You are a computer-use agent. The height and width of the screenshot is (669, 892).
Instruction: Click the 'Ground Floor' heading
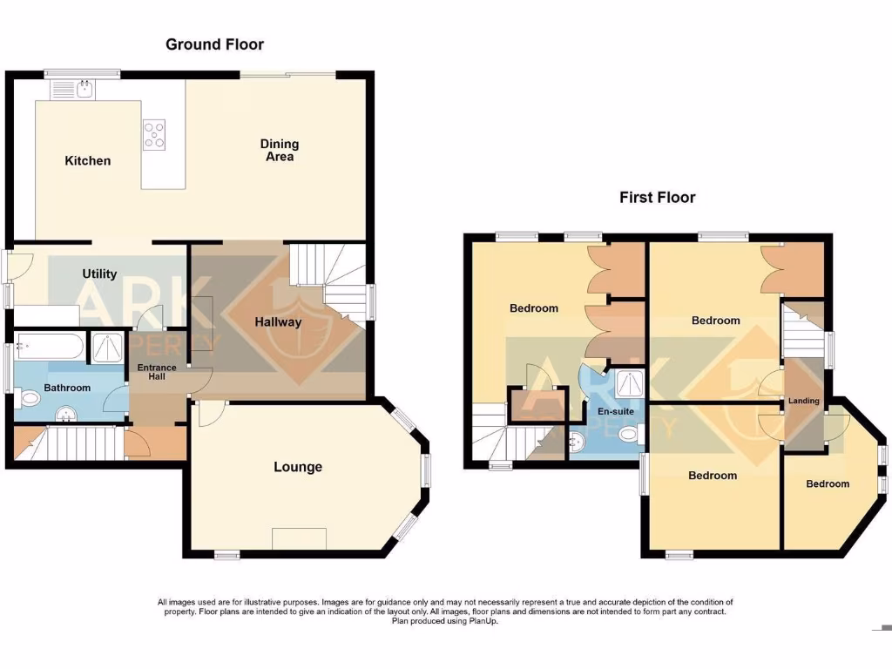coord(214,44)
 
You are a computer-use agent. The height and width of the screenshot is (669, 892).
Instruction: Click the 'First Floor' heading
coord(657,198)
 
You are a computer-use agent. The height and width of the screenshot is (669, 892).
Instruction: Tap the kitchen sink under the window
coord(75,88)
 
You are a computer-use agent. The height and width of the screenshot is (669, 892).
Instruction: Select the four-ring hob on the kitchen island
coord(155,134)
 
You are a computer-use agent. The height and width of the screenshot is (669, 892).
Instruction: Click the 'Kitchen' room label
coord(88,160)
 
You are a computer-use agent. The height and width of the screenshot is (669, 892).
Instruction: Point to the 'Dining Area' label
coord(279,150)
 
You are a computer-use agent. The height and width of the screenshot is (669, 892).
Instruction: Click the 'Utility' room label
coord(99,274)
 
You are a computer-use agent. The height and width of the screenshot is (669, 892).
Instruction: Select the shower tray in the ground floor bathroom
coord(109,348)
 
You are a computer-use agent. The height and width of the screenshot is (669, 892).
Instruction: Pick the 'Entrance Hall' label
coord(157,372)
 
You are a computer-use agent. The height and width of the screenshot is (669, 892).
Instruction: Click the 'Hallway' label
coord(278,322)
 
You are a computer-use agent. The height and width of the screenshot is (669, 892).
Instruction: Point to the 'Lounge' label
coord(298,467)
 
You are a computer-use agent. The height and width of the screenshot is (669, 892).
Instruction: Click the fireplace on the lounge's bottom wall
coord(300,539)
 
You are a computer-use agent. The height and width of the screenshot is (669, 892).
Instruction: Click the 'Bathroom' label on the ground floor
coord(67,388)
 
